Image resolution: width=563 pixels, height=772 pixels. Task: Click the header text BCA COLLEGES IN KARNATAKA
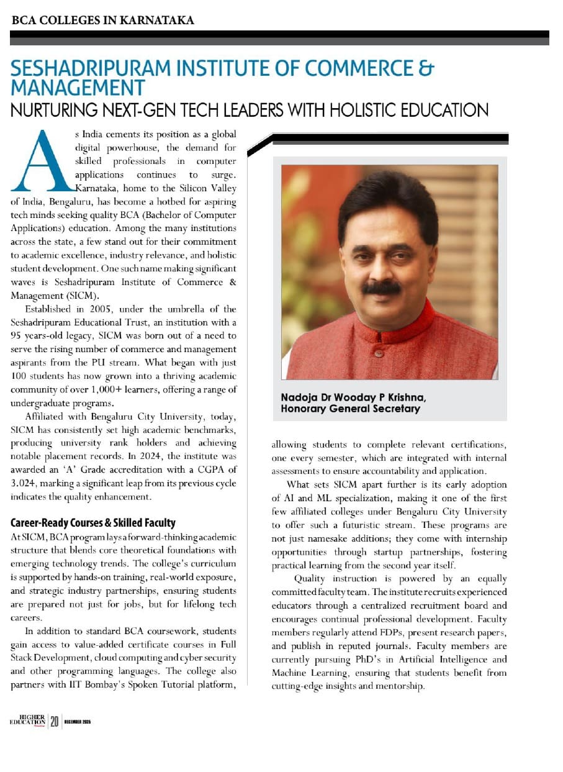coord(103,20)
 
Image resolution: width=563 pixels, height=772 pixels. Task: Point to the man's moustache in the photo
coord(381,288)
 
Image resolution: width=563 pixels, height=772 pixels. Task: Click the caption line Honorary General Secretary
coord(350,409)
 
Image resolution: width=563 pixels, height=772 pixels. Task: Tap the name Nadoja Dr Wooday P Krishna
coord(353,397)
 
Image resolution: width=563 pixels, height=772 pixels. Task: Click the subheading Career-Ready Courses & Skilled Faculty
coord(93,523)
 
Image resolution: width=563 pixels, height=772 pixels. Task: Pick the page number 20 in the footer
coord(55,721)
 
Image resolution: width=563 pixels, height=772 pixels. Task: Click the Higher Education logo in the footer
coord(27,720)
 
